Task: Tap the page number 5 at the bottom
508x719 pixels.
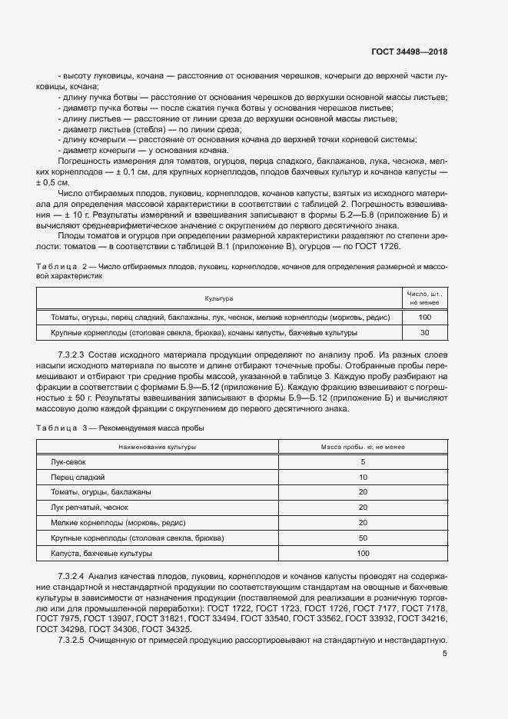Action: coord(444,654)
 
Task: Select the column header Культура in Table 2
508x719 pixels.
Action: coord(218,298)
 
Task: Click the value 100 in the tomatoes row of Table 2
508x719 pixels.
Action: coord(423,317)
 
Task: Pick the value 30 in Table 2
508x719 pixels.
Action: coord(423,333)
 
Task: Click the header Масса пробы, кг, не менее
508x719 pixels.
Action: coord(363,447)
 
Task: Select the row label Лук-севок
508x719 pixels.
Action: coord(68,461)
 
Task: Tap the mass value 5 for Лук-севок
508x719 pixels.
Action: coord(363,461)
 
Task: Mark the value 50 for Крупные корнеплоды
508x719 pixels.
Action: coord(363,538)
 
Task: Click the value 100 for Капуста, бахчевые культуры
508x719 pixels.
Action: coord(363,554)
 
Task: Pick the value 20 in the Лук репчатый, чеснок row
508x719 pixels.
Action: coord(363,508)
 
